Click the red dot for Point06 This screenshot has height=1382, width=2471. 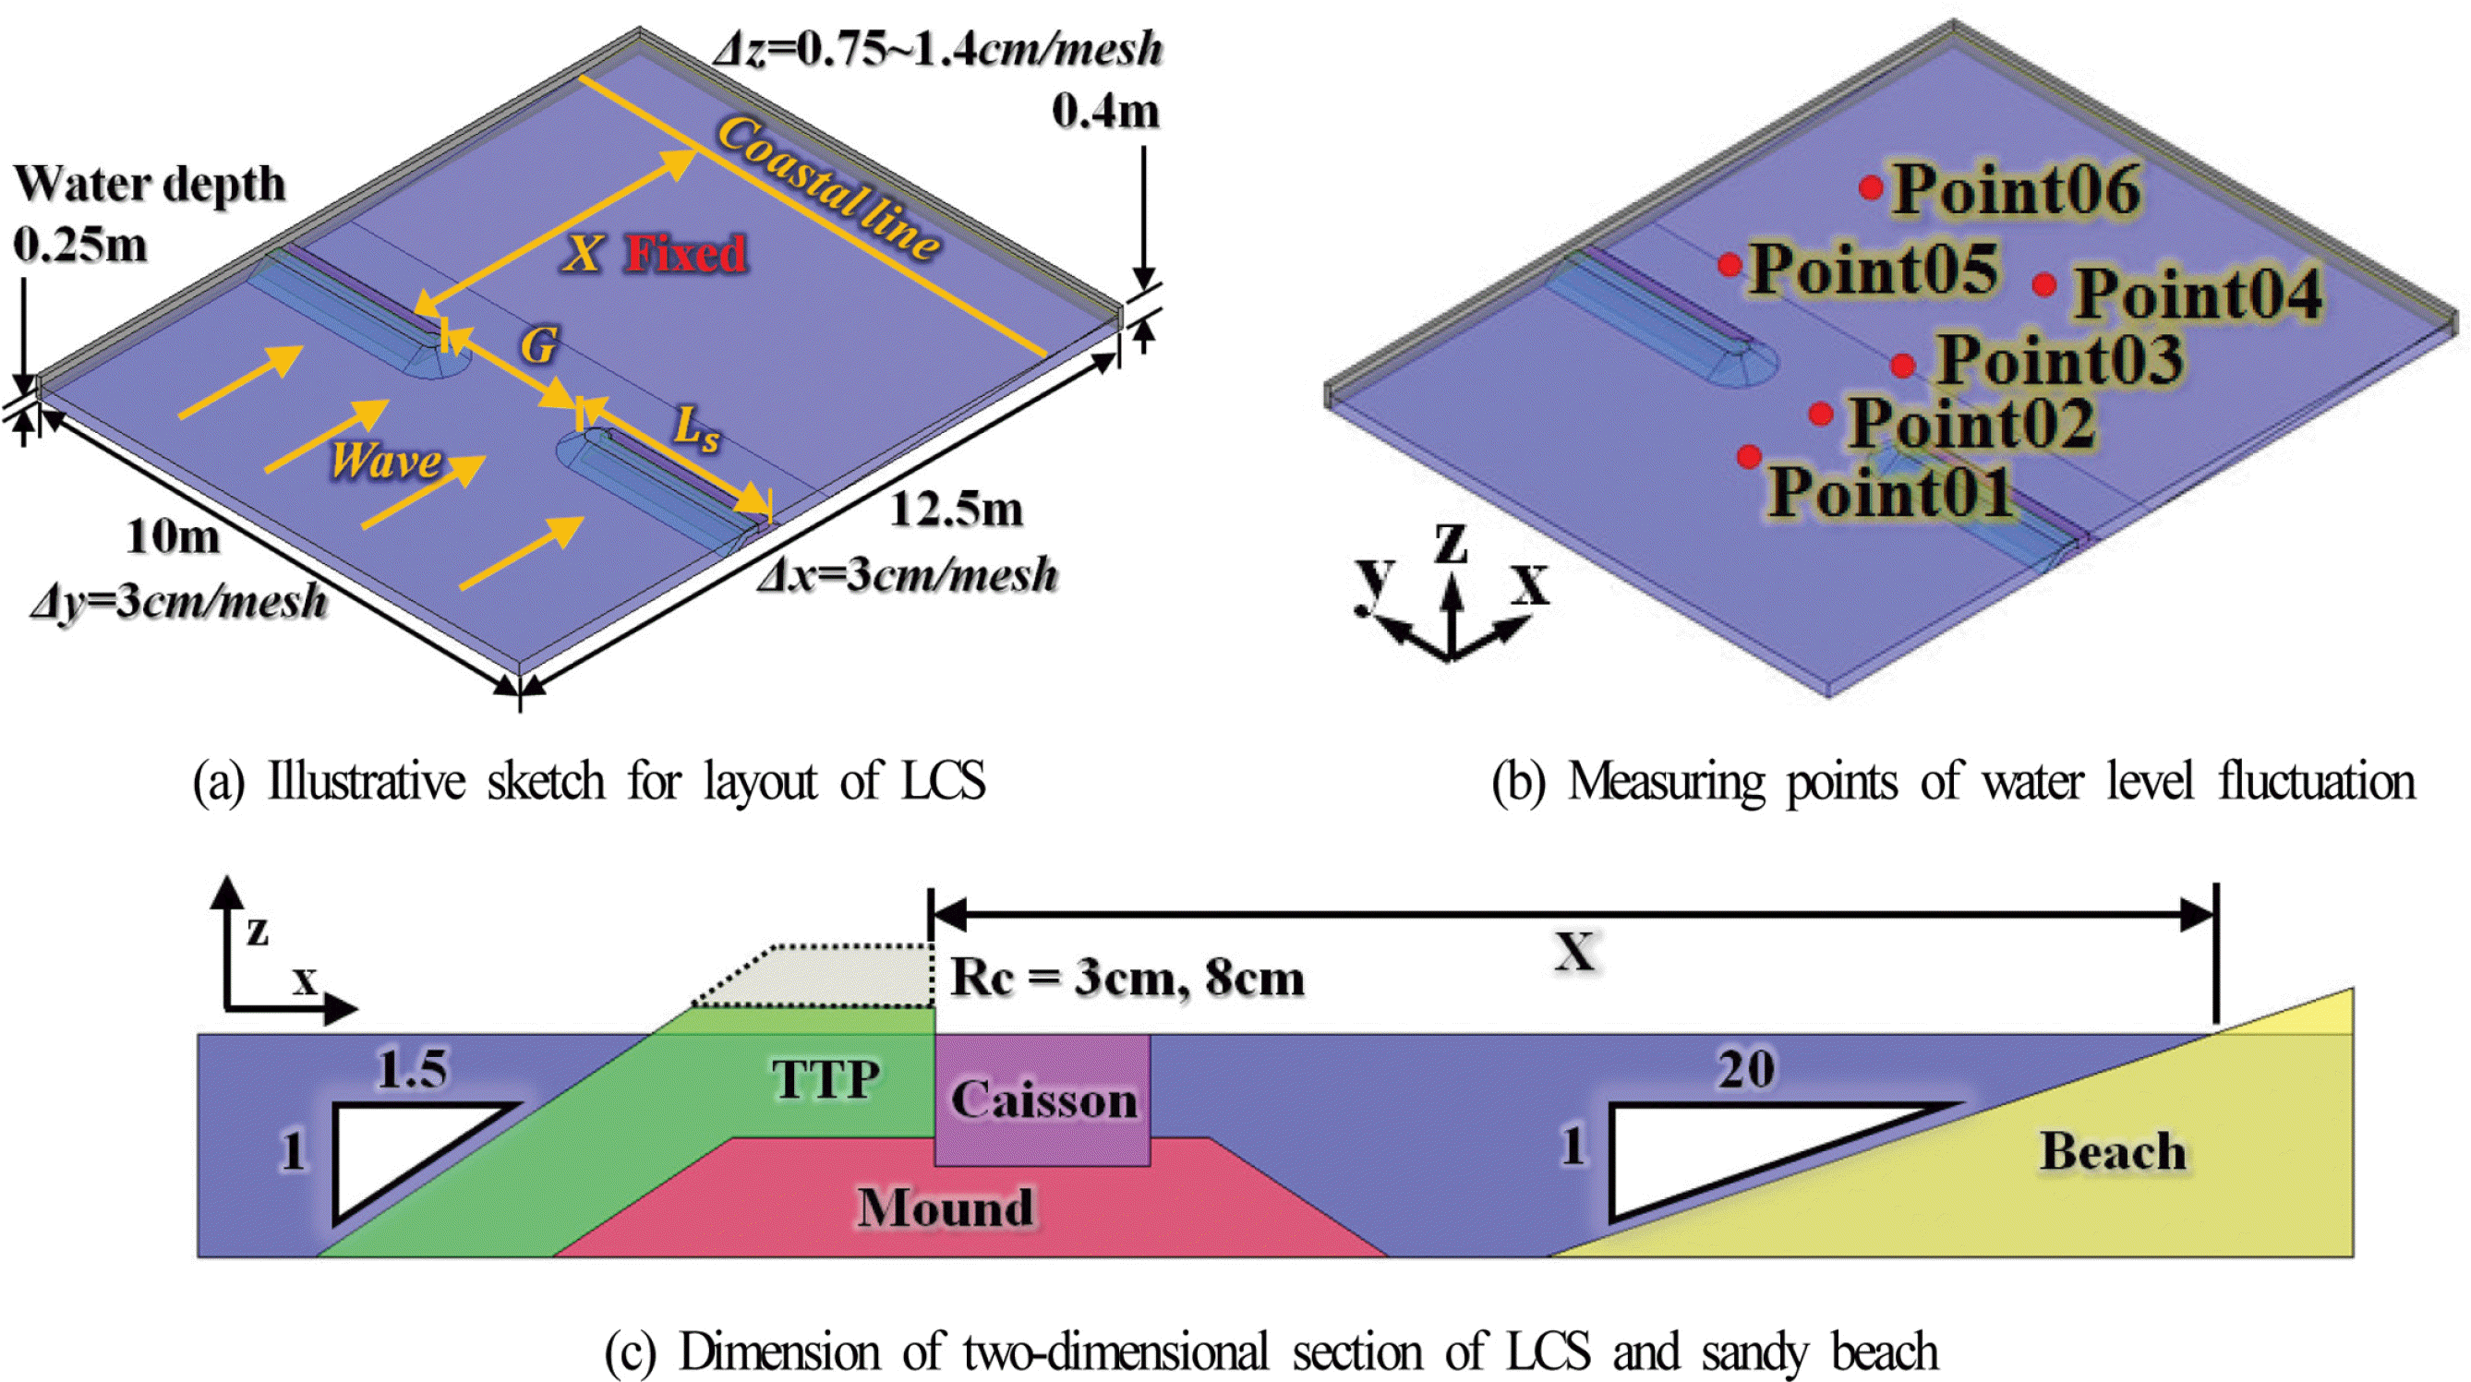pos(1871,188)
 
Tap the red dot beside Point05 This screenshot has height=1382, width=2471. pos(1730,265)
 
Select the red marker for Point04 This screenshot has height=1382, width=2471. pos(2044,285)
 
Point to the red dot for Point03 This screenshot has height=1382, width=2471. pos(1904,366)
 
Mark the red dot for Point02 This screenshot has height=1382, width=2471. pos(1822,414)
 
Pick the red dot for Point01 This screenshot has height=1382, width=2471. pos(1750,455)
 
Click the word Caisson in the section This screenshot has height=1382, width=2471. pos(1043,1100)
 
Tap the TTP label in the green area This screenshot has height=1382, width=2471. pos(826,1079)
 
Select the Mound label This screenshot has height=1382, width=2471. pos(946,1208)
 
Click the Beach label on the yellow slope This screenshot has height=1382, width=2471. pos(2114,1151)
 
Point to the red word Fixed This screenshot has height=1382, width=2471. pos(687,254)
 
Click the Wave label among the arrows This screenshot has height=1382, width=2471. pos(387,461)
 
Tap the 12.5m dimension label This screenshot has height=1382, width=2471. pos(958,510)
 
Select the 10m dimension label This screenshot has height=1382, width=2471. pos(173,536)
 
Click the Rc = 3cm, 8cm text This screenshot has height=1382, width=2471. pos(1127,979)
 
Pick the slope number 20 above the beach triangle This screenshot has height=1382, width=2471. pos(1746,1068)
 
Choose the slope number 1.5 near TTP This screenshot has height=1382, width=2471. pos(413,1068)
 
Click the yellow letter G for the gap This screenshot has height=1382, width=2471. pos(539,345)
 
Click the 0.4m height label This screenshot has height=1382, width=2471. pos(1105,112)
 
